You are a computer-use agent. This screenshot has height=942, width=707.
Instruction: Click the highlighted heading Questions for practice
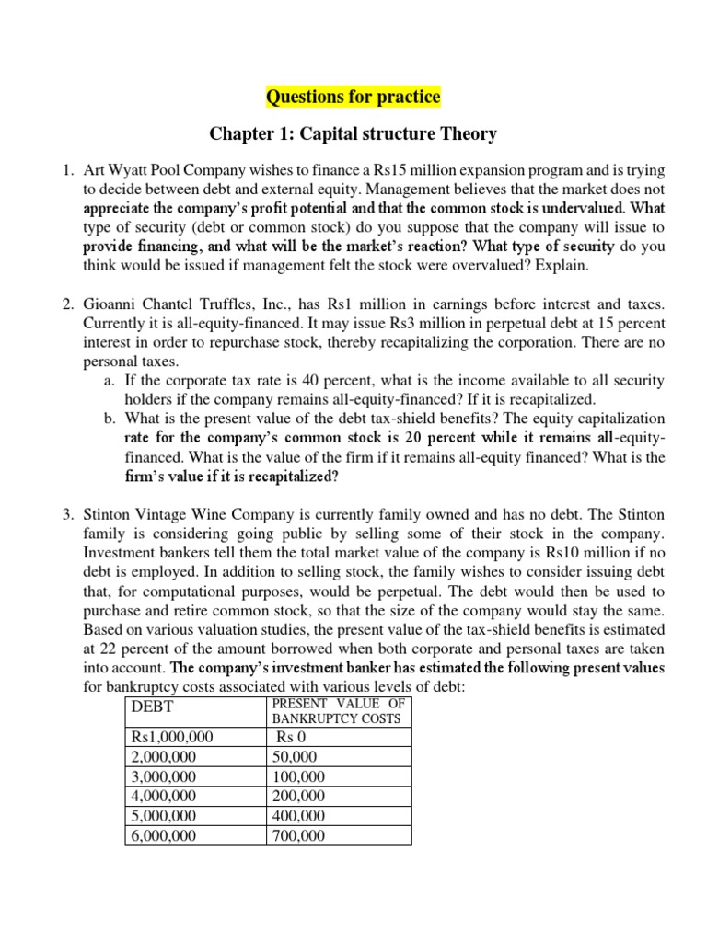(353, 97)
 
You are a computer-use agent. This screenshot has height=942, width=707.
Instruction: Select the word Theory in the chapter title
(465, 134)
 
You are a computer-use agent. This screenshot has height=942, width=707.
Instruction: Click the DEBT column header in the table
(153, 706)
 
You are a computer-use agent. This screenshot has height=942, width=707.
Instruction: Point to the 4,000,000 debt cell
(164, 796)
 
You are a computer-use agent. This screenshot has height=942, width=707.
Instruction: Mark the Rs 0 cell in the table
(292, 736)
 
